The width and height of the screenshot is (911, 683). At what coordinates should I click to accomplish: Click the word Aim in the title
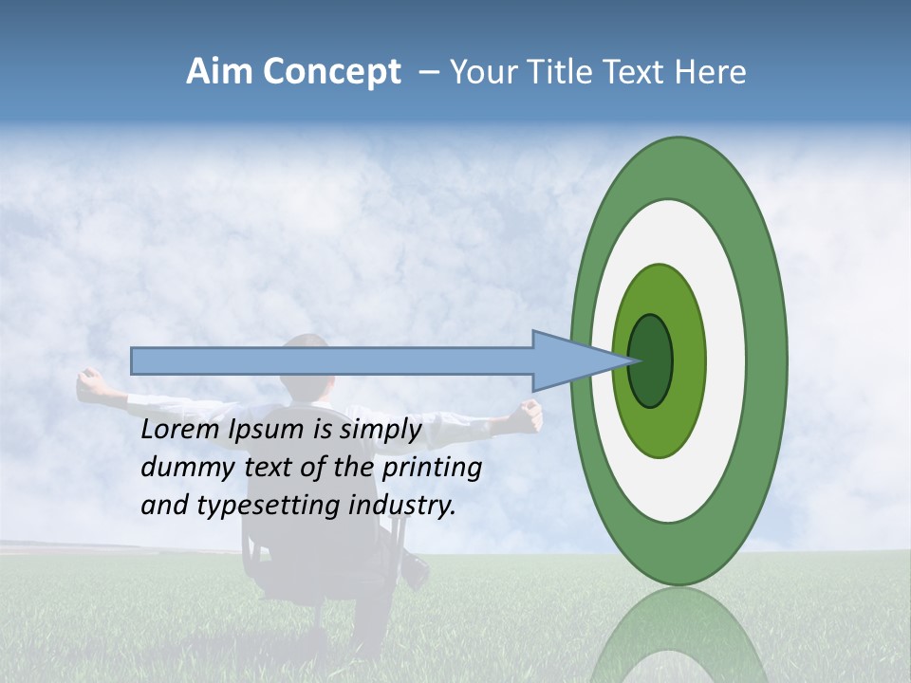(x=219, y=72)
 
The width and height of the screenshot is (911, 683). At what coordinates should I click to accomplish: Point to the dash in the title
(x=428, y=72)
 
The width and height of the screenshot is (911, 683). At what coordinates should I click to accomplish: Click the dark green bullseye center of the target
(x=651, y=360)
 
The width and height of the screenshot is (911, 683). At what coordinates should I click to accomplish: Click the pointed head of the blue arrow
(x=579, y=360)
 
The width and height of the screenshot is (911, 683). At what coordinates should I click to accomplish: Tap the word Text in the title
(x=637, y=72)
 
